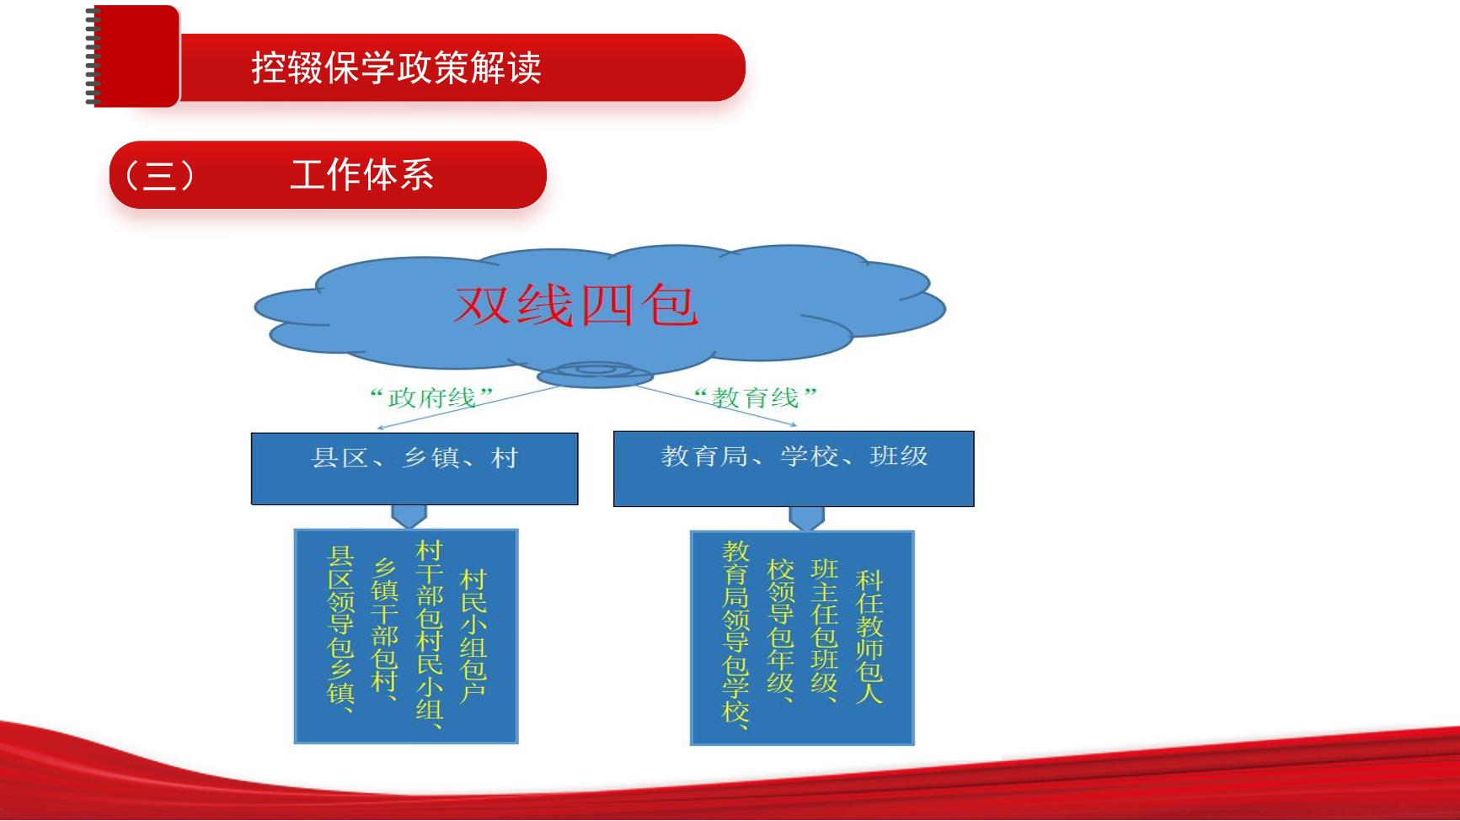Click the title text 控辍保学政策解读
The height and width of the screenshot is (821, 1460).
click(x=396, y=67)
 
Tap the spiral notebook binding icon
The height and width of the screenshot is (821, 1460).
click(x=94, y=56)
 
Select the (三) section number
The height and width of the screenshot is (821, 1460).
click(x=159, y=175)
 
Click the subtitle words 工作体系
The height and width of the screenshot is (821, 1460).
click(x=361, y=175)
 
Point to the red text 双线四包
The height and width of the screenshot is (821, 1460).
click(x=576, y=305)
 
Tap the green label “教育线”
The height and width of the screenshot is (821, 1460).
click(x=755, y=397)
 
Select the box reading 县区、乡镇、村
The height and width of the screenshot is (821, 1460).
click(x=414, y=469)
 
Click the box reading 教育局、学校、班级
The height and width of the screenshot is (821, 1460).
click(x=794, y=469)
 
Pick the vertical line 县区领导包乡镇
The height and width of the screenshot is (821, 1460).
click(x=341, y=630)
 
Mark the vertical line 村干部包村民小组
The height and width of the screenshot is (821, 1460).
click(x=430, y=633)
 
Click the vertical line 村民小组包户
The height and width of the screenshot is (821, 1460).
click(x=473, y=636)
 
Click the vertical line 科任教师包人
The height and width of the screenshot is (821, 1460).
click(x=869, y=636)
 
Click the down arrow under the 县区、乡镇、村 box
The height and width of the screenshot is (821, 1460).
click(x=409, y=516)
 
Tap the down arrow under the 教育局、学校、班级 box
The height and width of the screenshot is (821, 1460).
click(x=806, y=518)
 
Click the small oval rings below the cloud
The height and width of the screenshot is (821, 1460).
click(x=594, y=373)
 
